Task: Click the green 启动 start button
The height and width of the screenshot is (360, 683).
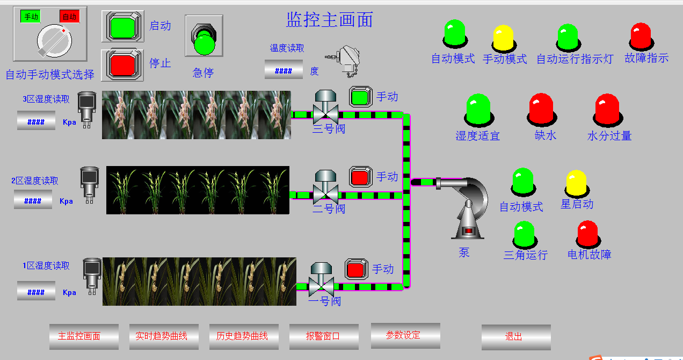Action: [x=122, y=26]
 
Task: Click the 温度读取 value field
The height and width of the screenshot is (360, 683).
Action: [x=284, y=70]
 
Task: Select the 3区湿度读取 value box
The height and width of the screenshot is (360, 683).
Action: [x=36, y=121]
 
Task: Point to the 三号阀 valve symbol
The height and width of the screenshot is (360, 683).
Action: [x=325, y=107]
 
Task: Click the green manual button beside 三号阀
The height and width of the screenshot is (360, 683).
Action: [x=361, y=97]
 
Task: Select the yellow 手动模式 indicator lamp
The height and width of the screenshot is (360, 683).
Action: [x=504, y=37]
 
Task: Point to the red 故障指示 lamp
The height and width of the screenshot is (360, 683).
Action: [x=641, y=35]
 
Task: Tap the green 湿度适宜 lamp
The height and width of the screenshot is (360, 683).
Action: [x=478, y=110]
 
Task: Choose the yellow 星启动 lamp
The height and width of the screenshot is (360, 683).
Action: [x=576, y=183]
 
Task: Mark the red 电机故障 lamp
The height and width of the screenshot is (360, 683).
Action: [x=588, y=234]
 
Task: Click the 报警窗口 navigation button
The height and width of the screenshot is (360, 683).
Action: [x=323, y=336]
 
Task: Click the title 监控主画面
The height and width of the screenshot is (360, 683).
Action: [x=329, y=20]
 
